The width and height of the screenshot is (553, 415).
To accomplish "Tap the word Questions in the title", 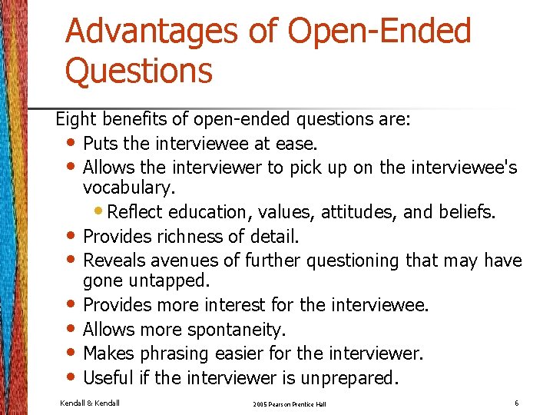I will pyautogui.click(x=139, y=71).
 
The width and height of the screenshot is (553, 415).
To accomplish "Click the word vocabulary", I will pyautogui.click(x=127, y=188).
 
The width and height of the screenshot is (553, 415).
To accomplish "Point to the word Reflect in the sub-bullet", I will pyautogui.click(x=136, y=211).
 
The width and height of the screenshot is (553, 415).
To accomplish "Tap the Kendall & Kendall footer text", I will pyautogui.click(x=90, y=402).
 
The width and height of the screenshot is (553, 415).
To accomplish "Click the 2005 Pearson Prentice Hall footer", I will pyautogui.click(x=290, y=403).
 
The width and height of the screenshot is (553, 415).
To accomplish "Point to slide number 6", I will pyautogui.click(x=517, y=402).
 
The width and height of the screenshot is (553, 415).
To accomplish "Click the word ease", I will pyautogui.click(x=300, y=144).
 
